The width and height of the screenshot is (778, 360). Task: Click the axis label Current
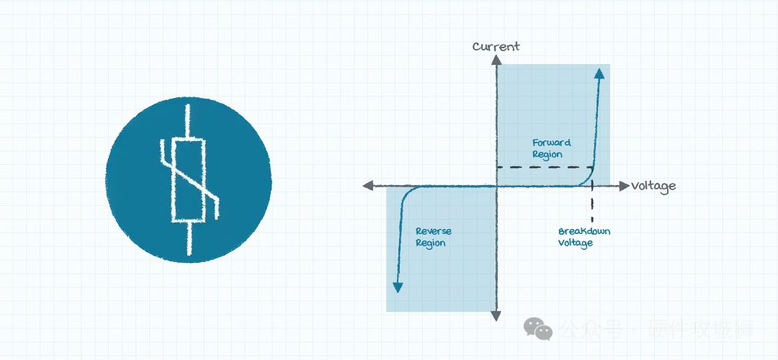coord(496,47)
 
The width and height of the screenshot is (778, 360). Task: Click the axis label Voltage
coord(654,186)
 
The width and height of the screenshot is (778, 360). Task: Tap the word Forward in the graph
coord(551,143)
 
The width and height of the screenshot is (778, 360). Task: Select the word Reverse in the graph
coord(434,231)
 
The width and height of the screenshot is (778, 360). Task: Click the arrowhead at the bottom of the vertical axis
coord(496,315)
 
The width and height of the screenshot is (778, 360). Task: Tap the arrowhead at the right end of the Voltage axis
coord(624,186)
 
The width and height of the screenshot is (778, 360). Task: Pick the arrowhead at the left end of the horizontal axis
coord(367,186)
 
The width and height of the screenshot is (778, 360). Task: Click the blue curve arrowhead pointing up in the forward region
coord(599,71)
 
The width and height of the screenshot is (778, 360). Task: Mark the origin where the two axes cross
coord(496,186)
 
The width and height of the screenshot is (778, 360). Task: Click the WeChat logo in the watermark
coord(537,329)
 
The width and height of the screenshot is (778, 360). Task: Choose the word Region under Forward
coord(547,154)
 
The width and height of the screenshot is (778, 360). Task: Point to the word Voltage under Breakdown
coord(575,243)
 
